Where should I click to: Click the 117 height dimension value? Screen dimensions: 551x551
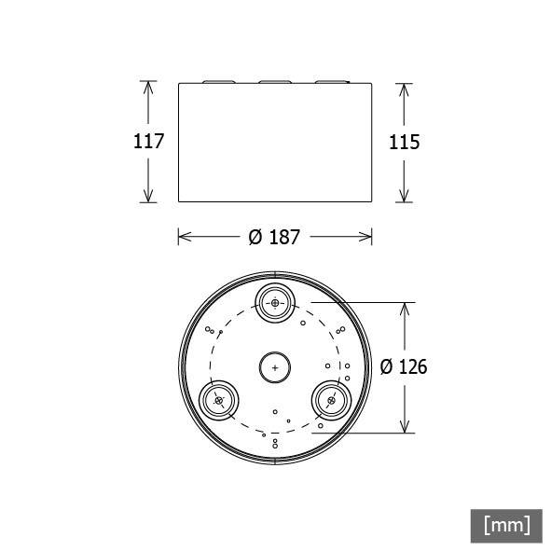pos(149,142)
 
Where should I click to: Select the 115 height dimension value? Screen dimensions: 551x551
pos(403,142)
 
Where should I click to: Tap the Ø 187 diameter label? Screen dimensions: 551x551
pos(274,237)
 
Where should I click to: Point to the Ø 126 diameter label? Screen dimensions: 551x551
pos(403,367)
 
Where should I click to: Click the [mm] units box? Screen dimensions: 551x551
pos(506,525)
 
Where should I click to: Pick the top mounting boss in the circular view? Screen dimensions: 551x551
pos(276,303)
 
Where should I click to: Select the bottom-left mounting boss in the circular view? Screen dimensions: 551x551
pos(220,400)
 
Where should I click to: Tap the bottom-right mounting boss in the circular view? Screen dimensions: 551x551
pos(330,400)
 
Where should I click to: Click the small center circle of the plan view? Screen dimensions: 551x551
pos(275,367)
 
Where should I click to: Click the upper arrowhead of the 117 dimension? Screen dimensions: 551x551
pos(147,87)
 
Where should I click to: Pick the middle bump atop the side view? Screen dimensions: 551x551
pos(275,82)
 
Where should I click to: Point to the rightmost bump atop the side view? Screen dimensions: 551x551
pos(331,82)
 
